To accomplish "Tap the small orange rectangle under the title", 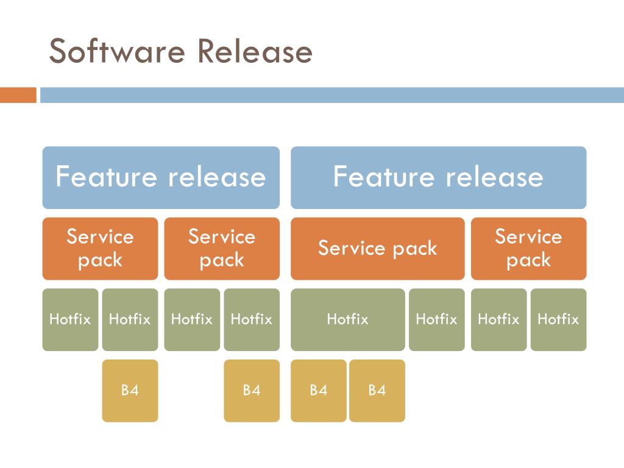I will tap(18, 95).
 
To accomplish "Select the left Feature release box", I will tap(161, 177).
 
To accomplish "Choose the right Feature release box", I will tap(438, 177).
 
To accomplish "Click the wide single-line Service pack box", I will tap(377, 249).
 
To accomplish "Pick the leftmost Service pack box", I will tap(100, 249).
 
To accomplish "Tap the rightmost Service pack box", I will tap(528, 249).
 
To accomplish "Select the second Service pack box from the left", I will tap(222, 249).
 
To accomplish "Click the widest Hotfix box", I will tap(347, 319).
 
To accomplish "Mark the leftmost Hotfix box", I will tap(70, 319).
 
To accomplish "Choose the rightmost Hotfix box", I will tap(558, 319).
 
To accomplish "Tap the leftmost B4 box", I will tap(130, 391).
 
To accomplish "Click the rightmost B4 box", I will tap(377, 391).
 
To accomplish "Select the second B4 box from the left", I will tap(252, 391).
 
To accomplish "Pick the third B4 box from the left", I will tap(318, 391).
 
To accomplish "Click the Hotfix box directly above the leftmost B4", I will tap(130, 319).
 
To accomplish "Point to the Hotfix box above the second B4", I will tap(252, 319).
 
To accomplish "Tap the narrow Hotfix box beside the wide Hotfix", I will tap(436, 319).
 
